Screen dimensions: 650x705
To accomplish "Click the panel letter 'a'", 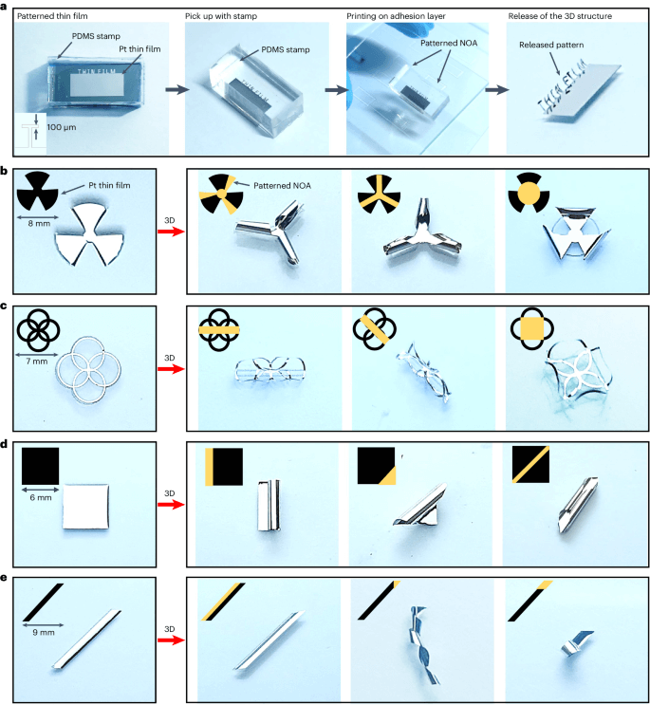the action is [x=4, y=6].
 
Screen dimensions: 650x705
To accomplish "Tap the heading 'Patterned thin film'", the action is [x=52, y=16].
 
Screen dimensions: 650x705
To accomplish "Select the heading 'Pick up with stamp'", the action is [x=221, y=16].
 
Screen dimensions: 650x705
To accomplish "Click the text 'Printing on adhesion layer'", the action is [x=396, y=16].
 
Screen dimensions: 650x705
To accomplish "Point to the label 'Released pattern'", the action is [x=551, y=45].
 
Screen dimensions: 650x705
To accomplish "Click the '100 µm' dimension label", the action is [x=62, y=127].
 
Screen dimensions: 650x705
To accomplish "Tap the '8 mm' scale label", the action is [x=39, y=224].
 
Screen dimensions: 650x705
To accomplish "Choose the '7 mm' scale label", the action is [x=36, y=362].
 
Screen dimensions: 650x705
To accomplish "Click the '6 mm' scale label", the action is [x=41, y=498].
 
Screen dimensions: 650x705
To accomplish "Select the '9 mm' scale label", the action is [x=43, y=633].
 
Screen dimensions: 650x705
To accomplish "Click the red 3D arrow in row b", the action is [x=171, y=232].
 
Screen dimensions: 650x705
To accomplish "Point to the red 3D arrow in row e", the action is [x=171, y=640].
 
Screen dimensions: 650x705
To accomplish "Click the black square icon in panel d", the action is [x=40, y=466].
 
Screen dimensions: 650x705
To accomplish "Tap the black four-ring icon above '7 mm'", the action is [x=38, y=330].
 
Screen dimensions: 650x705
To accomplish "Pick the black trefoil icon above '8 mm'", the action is [x=37, y=191].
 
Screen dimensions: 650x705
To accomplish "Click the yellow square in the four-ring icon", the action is [x=532, y=328].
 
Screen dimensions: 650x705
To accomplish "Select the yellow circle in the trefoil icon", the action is [x=529, y=194].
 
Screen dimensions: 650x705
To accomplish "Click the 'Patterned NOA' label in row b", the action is [x=282, y=186].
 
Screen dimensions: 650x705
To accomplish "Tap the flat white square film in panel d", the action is [x=85, y=507].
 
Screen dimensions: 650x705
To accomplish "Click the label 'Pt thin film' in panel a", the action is [x=139, y=49].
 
